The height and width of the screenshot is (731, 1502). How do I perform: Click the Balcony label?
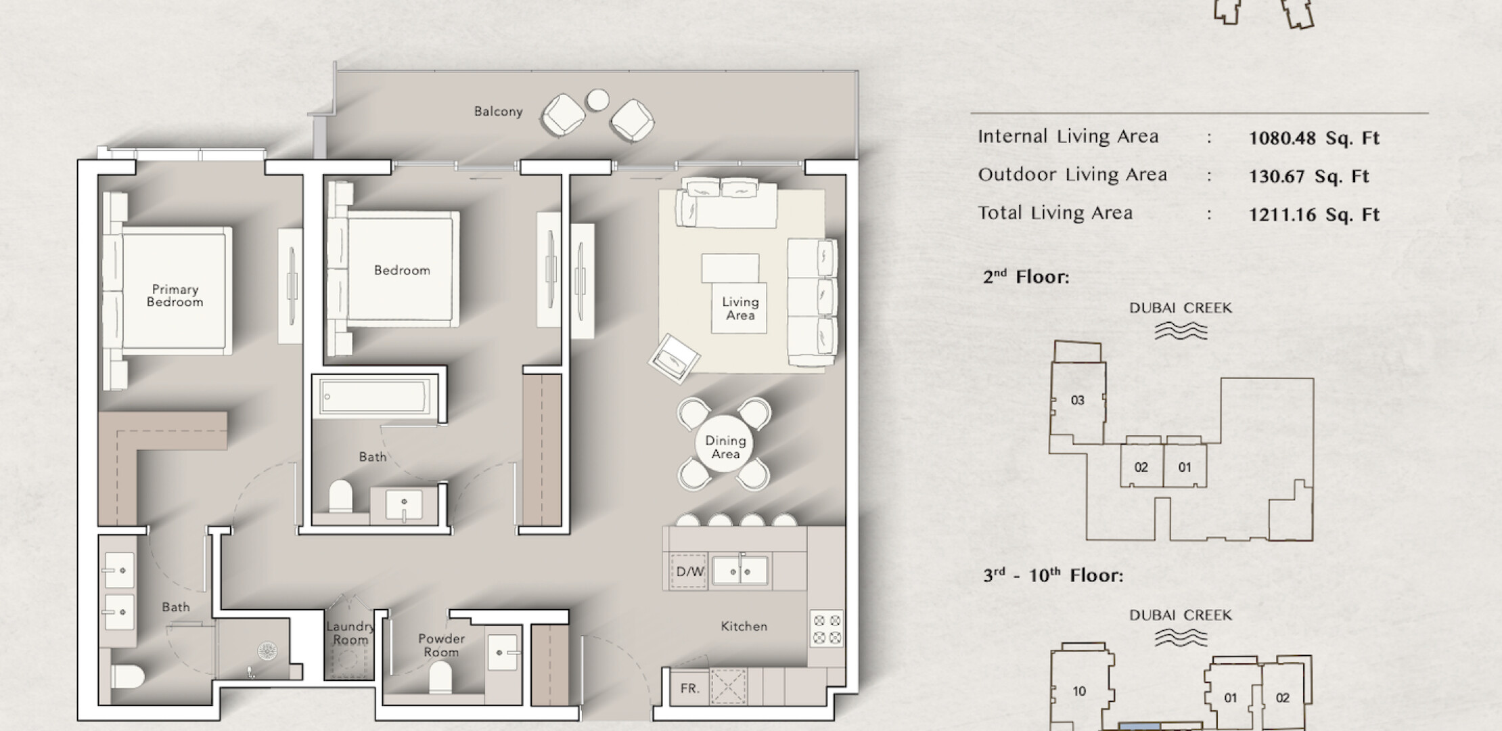[x=498, y=112]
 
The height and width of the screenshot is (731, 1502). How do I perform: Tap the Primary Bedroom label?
[x=175, y=296]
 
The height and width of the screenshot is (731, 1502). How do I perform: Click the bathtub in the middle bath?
[x=375, y=396]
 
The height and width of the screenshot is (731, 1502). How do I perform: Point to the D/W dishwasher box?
[x=689, y=572]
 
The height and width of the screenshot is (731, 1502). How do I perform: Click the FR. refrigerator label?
[x=689, y=688]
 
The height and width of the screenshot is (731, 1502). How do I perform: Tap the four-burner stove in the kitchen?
[x=827, y=629]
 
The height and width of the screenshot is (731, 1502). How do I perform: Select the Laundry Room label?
[x=350, y=634]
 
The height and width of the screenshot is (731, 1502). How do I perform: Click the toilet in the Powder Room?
[x=440, y=677]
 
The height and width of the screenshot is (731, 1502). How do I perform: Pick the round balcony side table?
[x=597, y=100]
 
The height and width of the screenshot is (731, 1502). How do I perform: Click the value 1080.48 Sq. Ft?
[x=1314, y=138]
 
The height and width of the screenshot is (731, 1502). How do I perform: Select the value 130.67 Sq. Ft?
[x=1308, y=177]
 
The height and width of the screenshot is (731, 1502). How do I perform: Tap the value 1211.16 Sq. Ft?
[x=1314, y=215]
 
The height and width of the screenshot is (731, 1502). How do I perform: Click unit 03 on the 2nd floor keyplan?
[x=1077, y=400]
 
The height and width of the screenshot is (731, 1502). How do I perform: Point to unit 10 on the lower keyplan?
[x=1079, y=691]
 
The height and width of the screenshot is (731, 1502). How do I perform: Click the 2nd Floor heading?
[x=1026, y=277]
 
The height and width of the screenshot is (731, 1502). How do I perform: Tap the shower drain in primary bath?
[x=267, y=651]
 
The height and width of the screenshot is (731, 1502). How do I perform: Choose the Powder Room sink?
[x=503, y=652]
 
